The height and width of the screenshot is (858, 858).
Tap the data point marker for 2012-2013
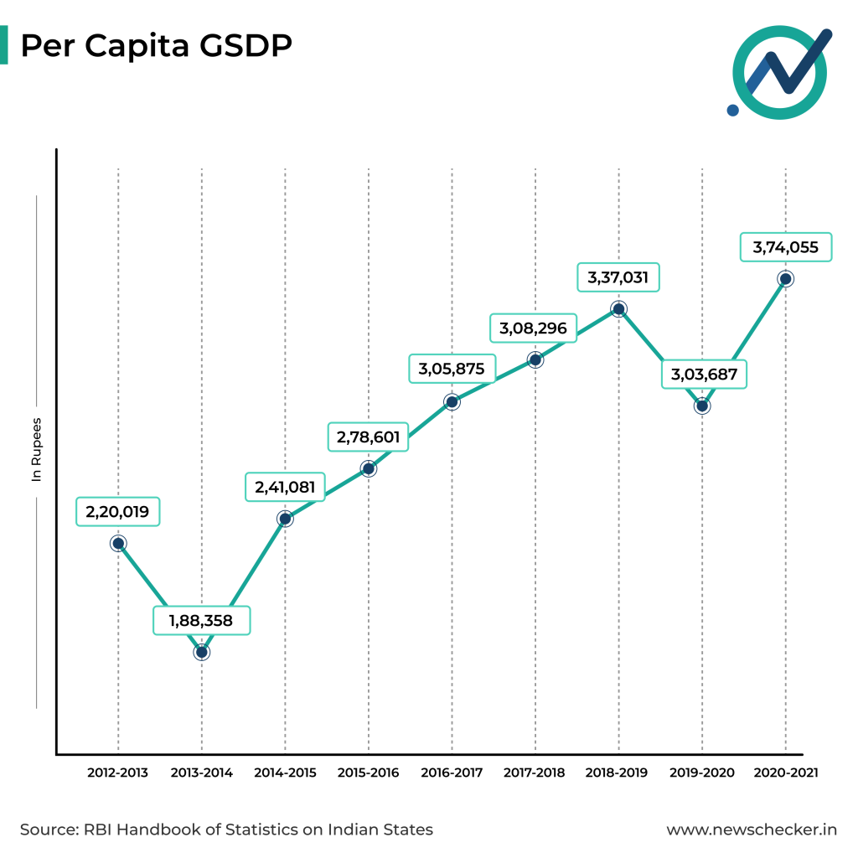click(x=118, y=543)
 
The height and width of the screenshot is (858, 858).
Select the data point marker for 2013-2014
click(x=201, y=651)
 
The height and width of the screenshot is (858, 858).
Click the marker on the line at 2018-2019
click(x=618, y=309)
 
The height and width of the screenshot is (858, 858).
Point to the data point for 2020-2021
click(x=785, y=279)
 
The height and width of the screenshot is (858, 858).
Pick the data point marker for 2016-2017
click(x=452, y=401)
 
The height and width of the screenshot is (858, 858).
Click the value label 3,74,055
click(x=786, y=248)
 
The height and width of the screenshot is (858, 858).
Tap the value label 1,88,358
click(x=202, y=621)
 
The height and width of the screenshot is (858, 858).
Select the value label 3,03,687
click(x=704, y=375)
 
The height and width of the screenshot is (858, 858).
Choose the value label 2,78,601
click(x=369, y=437)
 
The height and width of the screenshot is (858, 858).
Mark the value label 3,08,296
click(x=534, y=328)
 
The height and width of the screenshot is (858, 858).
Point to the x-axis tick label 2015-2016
click(x=369, y=773)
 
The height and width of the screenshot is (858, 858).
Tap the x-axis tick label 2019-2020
click(x=701, y=773)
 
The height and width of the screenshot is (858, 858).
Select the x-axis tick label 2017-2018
click(x=535, y=773)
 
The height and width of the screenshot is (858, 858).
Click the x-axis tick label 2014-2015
click(x=285, y=773)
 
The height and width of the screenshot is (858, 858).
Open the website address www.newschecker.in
click(x=752, y=830)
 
